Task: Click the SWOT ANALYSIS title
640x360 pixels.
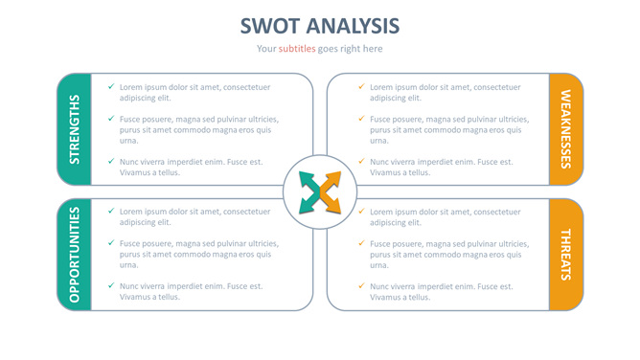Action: (319, 26)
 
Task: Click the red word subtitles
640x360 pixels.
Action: (296, 49)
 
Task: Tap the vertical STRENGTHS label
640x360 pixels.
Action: (74, 128)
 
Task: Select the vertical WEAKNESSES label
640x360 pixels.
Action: (565, 128)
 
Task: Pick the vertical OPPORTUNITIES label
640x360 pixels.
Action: (74, 254)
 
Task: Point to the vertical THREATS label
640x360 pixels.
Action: (565, 254)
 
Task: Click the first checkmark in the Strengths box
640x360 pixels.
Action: (111, 87)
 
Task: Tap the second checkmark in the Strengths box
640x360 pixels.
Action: (111, 119)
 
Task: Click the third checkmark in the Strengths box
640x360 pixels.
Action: (111, 162)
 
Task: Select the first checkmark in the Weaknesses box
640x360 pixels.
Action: (361, 87)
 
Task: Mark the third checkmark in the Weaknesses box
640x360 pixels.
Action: (361, 162)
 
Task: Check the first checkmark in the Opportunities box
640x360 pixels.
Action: (111, 211)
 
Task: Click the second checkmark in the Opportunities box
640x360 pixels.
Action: (111, 243)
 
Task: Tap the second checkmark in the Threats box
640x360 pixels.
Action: (361, 243)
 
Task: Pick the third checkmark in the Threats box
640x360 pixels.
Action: (361, 285)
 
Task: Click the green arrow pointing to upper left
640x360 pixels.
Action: (309, 180)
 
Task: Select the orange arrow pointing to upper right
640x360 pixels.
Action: (331, 180)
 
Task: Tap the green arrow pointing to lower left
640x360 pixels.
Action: (309, 204)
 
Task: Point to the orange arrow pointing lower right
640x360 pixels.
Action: (331, 204)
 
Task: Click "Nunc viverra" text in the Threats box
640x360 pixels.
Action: (394, 286)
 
